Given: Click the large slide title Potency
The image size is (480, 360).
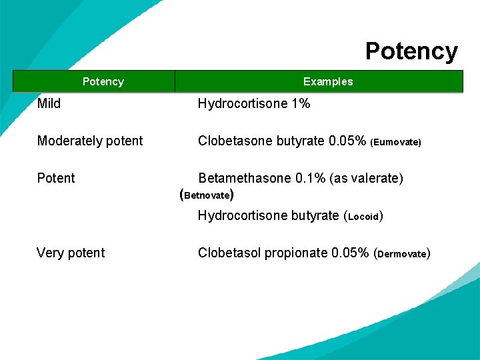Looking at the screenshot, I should (411, 51).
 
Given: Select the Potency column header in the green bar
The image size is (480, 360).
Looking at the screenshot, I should (103, 81).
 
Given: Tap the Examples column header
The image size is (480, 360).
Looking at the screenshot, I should (328, 81).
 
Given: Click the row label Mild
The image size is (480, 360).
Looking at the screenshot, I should (49, 103).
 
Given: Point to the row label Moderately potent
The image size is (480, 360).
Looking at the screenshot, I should (90, 141).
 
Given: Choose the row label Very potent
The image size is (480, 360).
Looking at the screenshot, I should (71, 253).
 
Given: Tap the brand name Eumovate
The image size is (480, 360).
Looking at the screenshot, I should (396, 142).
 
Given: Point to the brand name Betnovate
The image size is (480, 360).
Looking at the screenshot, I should (207, 196).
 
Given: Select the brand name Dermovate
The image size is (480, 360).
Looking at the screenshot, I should (403, 254).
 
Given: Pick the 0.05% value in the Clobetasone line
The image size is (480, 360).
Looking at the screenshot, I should (347, 141).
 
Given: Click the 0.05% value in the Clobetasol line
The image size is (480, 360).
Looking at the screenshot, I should (350, 253).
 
